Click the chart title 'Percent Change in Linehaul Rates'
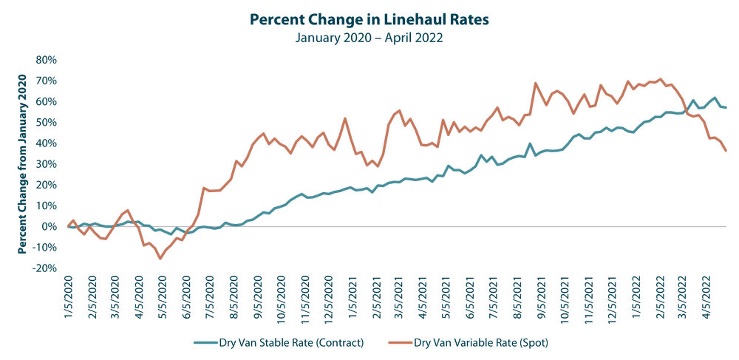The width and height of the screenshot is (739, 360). click(x=369, y=19)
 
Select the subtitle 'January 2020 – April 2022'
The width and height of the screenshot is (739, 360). click(x=369, y=37)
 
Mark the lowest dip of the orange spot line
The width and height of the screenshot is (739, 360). click(x=159, y=259)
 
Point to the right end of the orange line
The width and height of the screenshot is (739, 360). click(x=727, y=151)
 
